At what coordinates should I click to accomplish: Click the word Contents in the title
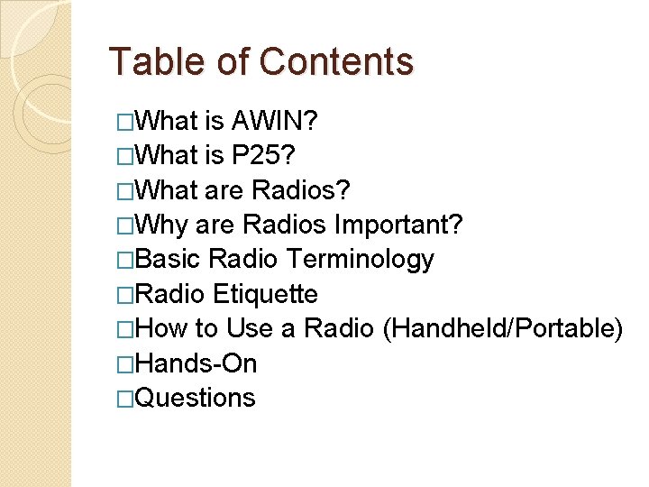coord(336,61)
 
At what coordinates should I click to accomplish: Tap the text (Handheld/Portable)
coord(503,329)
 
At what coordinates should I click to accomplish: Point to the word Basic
coord(171,260)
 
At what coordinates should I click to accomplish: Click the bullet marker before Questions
coord(125,399)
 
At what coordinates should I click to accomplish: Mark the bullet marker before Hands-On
coord(125,364)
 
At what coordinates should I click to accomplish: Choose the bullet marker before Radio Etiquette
coord(125,295)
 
